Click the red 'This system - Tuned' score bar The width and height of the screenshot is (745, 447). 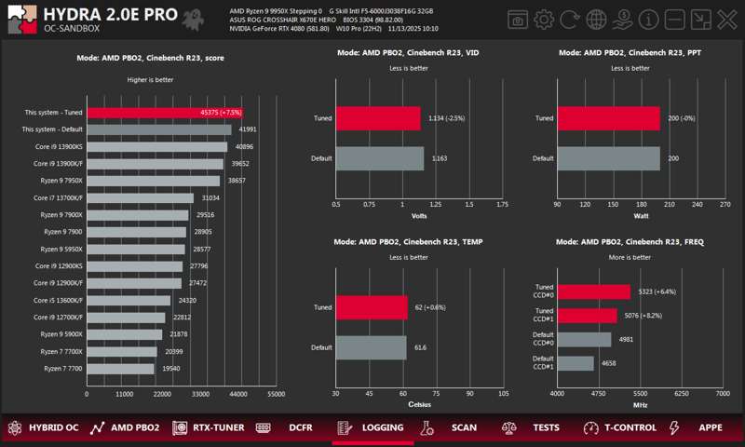pyautogui.click(x=164, y=113)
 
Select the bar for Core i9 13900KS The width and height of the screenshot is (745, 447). pyautogui.click(x=156, y=146)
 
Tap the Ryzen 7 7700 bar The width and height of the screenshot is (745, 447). pyautogui.click(x=120, y=369)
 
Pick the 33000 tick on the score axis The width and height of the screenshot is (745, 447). pyautogui.click(x=200, y=395)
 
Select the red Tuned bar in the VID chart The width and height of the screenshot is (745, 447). pyautogui.click(x=378, y=118)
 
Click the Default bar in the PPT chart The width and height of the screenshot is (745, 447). pyautogui.click(x=608, y=158)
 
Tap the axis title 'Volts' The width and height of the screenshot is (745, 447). pyautogui.click(x=419, y=216)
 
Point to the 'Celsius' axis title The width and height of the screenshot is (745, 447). pyautogui.click(x=419, y=405)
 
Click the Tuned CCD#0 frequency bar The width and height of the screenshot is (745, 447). pyautogui.click(x=593, y=291)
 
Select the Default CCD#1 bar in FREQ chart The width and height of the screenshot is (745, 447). pyautogui.click(x=576, y=363)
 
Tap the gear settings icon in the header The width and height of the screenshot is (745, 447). pyautogui.click(x=544, y=20)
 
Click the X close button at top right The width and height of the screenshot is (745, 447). pyautogui.click(x=727, y=20)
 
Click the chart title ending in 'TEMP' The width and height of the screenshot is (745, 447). pyautogui.click(x=419, y=242)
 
